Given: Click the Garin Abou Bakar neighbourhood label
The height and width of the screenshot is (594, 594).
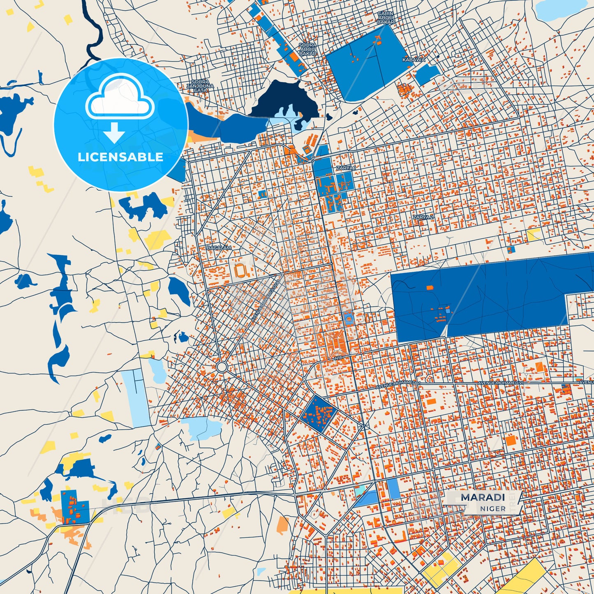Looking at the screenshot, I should [x=386, y=18].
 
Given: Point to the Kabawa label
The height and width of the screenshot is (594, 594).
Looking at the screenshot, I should [x=414, y=60].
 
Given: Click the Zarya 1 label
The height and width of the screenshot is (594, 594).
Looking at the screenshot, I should [x=346, y=168].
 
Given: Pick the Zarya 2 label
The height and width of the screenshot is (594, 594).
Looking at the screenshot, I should [x=423, y=217].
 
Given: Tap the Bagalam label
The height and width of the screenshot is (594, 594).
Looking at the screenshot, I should [x=219, y=248].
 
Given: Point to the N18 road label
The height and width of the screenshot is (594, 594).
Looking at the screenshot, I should [x=337, y=358].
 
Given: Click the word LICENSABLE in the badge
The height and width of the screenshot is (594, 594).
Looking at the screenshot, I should [x=120, y=157].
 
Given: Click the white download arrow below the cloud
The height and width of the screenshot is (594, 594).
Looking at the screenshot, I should [x=114, y=132].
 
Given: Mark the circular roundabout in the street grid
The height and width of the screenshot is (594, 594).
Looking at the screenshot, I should [x=222, y=367].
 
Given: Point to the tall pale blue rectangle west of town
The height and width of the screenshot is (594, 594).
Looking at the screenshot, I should [x=136, y=398].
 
